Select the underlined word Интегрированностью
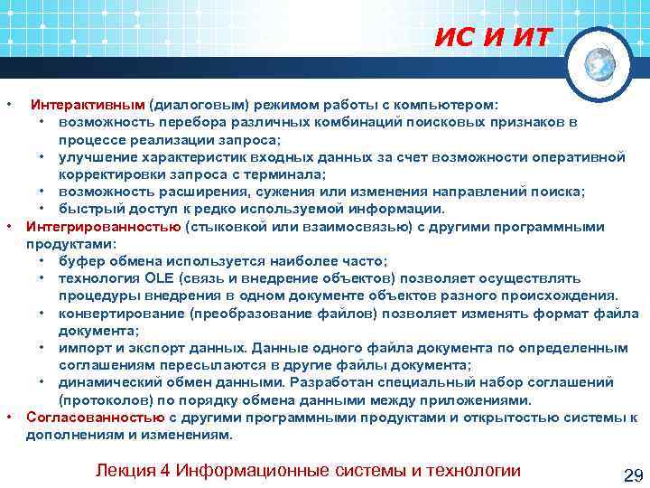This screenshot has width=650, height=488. pos(104,226)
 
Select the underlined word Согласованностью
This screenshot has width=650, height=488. pos(96,417)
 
